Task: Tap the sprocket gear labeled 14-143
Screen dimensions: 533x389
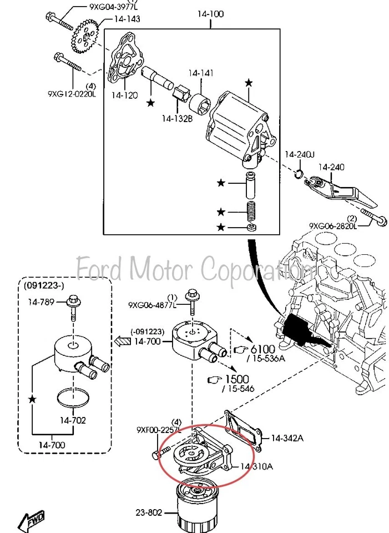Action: [x=85, y=34]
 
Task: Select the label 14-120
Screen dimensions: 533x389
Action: [x=124, y=95]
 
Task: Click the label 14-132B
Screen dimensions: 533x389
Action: [x=177, y=118]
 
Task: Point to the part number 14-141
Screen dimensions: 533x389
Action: [x=200, y=73]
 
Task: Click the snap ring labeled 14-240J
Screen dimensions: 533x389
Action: [x=298, y=175]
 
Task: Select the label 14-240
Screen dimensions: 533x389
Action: [x=331, y=167]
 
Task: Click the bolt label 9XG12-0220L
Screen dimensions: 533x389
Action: [x=72, y=94]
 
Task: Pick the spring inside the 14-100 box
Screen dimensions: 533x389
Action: [x=253, y=211]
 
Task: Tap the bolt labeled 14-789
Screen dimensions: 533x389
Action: [x=73, y=303]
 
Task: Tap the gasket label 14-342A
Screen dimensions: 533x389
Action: [x=287, y=438]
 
